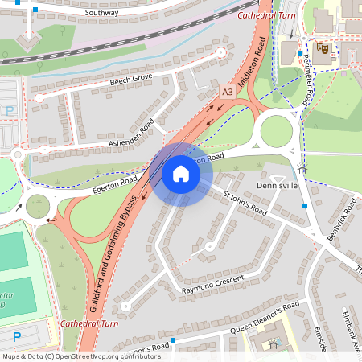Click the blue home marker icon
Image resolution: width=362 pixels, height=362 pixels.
[x=181, y=174]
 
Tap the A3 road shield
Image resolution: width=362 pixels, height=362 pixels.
[x=227, y=92]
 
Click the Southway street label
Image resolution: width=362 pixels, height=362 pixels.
[x=102, y=13]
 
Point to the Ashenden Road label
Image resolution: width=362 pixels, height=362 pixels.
[x=131, y=136]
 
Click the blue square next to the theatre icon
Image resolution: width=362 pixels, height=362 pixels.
[x=300, y=54]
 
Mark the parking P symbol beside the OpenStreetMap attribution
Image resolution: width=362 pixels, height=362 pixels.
[x=17, y=336]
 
